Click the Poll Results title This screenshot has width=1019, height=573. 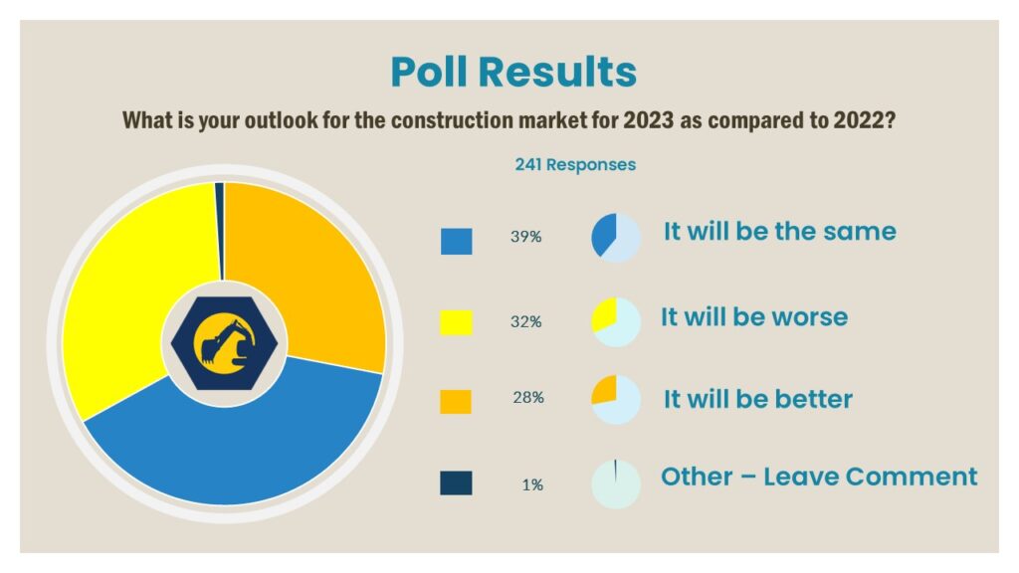pos(513,72)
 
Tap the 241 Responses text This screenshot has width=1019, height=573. pos(575,165)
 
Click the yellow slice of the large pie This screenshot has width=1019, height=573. pos(130,292)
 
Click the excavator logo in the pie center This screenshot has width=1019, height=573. pos(224,343)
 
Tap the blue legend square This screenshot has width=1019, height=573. pos(456,242)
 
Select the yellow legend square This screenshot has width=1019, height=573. pos(456,322)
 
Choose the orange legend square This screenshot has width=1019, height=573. pos(456,402)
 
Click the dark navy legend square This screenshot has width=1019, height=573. pos(456,483)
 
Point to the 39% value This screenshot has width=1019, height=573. pos(525,237)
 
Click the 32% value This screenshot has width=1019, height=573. pos(525,321)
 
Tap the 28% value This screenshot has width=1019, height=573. pos(528,398)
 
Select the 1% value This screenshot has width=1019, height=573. pos(532,484)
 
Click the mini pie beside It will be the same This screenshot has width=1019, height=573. pos(616,238)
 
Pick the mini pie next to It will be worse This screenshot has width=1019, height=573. pos(616,322)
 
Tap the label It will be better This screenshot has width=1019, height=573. pos(757,399)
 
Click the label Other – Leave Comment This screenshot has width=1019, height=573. pos(819,477)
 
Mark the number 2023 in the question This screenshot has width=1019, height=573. pos(648,120)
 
